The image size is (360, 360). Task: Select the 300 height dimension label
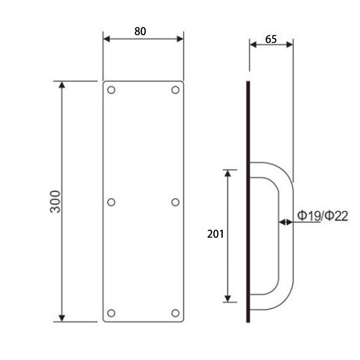point(55,202)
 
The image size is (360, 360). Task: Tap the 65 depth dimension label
point(271,39)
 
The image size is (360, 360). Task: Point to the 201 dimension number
point(215,234)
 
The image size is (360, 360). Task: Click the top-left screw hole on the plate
point(111,90)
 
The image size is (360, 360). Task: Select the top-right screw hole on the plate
point(175,90)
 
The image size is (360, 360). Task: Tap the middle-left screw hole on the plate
point(111,202)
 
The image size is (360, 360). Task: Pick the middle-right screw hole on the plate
point(175,202)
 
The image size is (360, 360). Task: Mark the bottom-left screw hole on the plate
point(111,313)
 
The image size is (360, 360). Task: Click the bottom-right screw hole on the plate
point(175,313)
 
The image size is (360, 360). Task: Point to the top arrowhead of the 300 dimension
point(62,85)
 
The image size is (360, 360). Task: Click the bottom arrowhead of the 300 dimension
point(62,318)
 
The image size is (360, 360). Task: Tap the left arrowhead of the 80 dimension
point(107,39)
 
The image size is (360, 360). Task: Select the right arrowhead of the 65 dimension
point(290,44)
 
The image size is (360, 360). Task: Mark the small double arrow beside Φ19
point(286,222)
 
